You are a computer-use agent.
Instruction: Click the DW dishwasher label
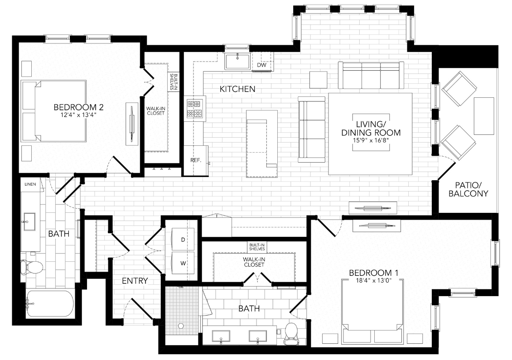point(261,65)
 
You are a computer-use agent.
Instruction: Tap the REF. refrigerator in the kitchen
point(196,160)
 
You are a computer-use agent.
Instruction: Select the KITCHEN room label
point(237,89)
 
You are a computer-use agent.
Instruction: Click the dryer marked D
point(183,240)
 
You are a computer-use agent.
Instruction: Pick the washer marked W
point(183,262)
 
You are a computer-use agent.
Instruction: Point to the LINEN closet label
point(29,185)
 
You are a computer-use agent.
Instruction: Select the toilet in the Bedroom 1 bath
point(290,332)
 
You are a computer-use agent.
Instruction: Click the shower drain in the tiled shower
point(181,325)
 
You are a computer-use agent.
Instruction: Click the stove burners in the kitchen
point(194,109)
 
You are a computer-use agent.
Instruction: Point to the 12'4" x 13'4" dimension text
point(79,115)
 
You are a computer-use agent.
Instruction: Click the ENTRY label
point(135,281)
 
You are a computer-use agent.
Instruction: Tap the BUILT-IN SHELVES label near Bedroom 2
point(172,82)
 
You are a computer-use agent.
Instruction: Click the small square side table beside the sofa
point(318,80)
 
